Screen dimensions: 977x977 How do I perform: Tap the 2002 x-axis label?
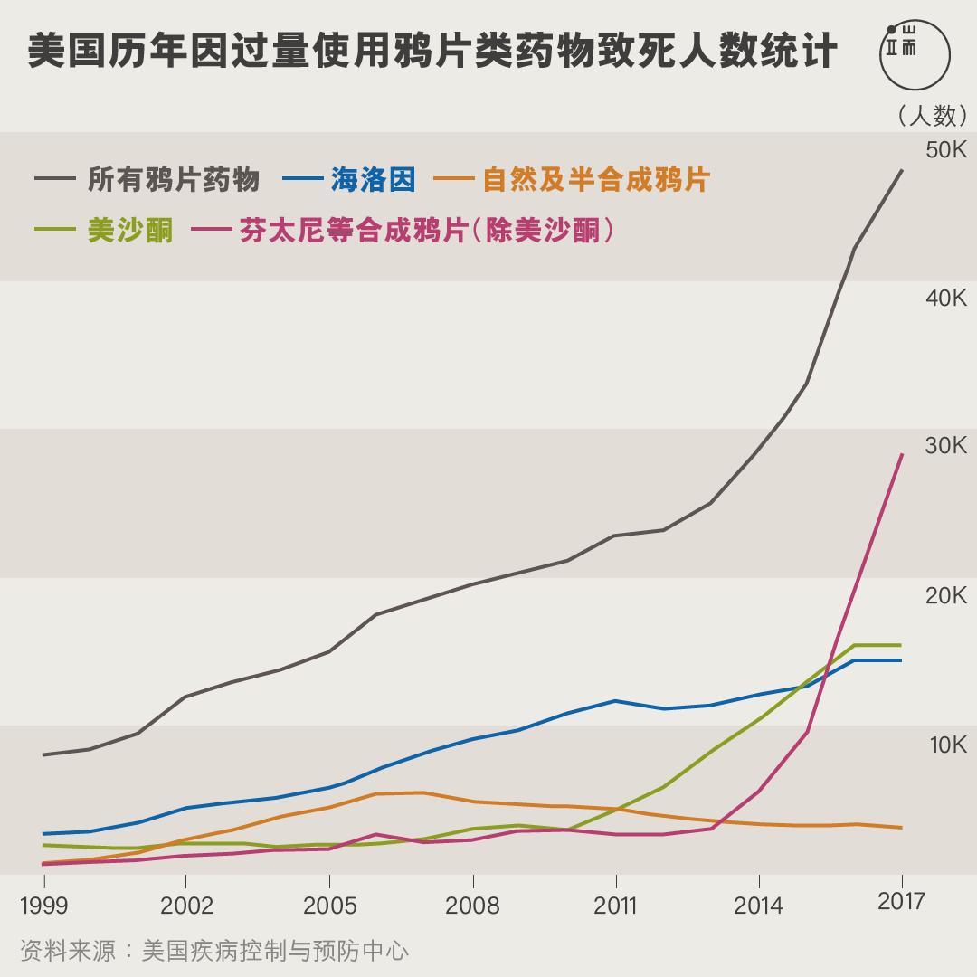[186, 906]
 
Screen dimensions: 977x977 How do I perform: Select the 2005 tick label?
[329, 906]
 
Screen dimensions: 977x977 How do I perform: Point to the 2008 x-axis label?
[472, 906]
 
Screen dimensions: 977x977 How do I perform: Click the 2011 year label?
[615, 906]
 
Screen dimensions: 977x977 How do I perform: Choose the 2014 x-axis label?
[758, 906]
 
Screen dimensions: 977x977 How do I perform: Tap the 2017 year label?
[901, 901]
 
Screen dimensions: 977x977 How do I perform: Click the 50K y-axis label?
[945, 150]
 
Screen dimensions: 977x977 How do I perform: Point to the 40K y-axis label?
[945, 299]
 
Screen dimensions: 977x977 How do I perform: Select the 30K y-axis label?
[945, 446]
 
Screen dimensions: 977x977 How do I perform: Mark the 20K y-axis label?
[945, 595]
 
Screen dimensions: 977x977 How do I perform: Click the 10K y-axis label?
[945, 745]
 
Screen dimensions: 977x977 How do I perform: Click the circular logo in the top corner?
[915, 54]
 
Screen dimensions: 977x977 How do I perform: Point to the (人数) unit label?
[932, 115]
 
